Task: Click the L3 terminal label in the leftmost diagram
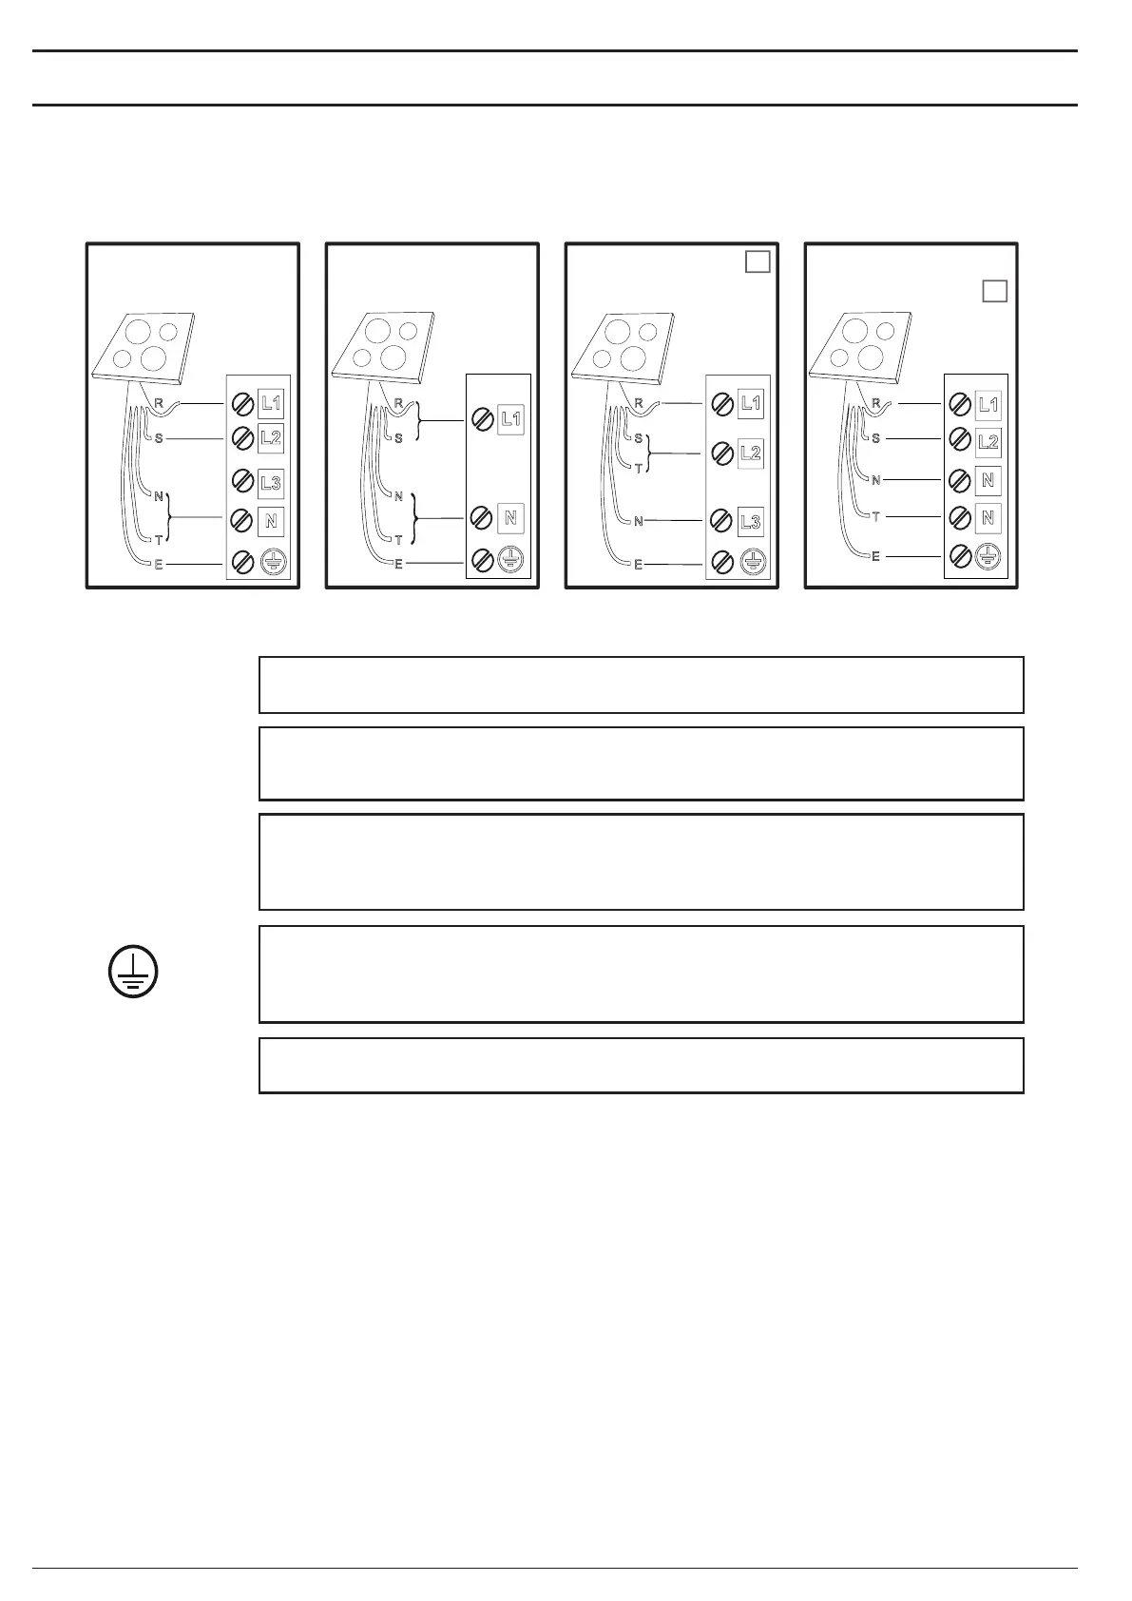[271, 483]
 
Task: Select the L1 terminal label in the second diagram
[510, 418]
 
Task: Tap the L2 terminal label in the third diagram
[750, 453]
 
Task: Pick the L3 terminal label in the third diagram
[750, 522]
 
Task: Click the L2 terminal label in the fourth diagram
[988, 442]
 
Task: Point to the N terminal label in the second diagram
[510, 518]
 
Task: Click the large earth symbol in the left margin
[132, 973]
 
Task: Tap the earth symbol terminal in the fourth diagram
[988, 557]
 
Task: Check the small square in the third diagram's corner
[758, 260]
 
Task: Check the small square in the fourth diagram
[994, 291]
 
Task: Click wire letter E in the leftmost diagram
[159, 565]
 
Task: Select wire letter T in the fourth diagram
[876, 517]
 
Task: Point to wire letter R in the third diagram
[639, 403]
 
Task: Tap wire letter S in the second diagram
[398, 438]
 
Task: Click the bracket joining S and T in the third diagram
[649, 453]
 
